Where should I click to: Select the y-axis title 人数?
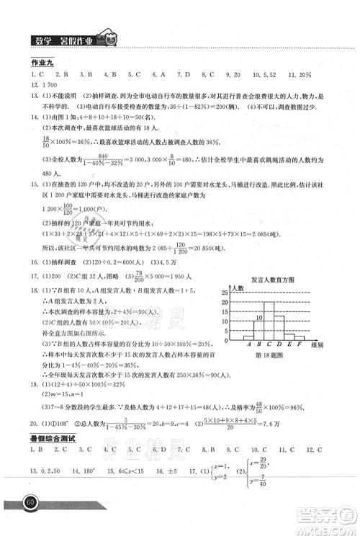point(238,288)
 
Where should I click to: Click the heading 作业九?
point(34,63)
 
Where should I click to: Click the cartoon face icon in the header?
point(108,41)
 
